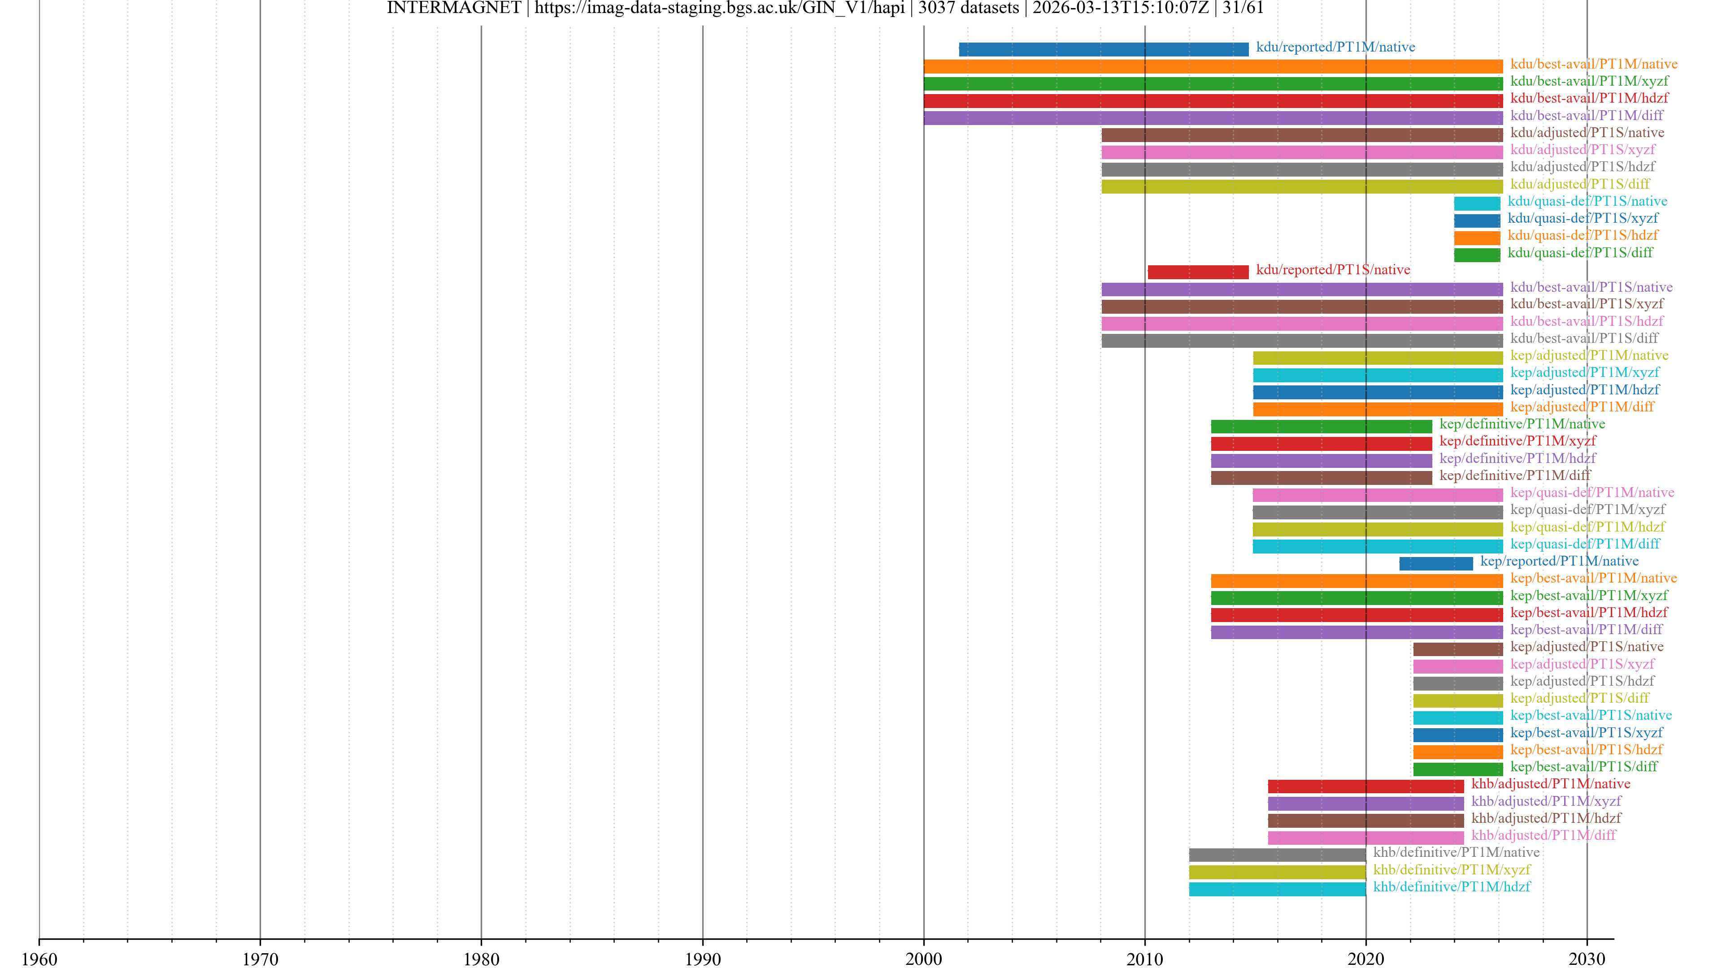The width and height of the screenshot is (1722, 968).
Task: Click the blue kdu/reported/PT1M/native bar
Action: (x=1103, y=49)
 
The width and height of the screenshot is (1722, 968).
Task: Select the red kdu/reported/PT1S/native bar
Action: (x=1197, y=272)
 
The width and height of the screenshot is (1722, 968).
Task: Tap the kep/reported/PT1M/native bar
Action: (x=1436, y=564)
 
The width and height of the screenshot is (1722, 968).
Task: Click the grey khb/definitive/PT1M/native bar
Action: (x=1277, y=855)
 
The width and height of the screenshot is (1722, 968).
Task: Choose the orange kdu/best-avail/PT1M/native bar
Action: (x=1213, y=67)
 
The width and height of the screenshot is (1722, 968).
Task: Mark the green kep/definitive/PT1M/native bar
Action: (x=1321, y=426)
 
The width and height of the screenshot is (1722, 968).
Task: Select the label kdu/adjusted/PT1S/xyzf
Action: (x=1582, y=150)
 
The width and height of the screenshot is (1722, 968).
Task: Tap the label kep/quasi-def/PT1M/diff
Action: (x=1584, y=544)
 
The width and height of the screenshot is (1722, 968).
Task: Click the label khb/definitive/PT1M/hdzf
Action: (x=1451, y=886)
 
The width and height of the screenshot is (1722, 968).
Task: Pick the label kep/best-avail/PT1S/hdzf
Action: (x=1586, y=750)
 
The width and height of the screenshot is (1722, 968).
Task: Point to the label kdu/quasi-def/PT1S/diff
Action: (x=1579, y=252)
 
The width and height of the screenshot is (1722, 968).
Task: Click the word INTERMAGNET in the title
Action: (x=454, y=8)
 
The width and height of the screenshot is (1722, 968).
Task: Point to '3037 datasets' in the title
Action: (x=969, y=8)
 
